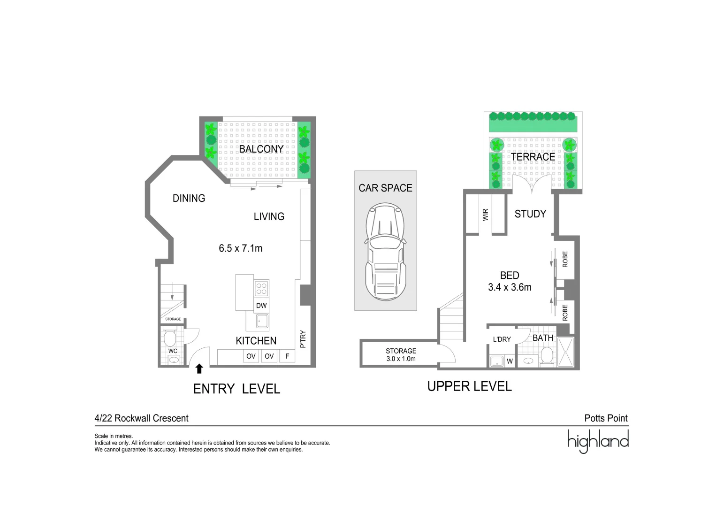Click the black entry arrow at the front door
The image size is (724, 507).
[199, 369]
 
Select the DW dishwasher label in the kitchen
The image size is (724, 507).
[261, 306]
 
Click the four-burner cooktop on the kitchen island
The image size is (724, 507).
[261, 288]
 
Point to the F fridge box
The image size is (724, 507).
[287, 356]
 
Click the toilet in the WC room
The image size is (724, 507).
[169, 337]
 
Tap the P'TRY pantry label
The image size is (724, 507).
[303, 339]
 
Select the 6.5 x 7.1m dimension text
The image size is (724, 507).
[240, 248]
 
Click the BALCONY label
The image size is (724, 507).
[261, 149]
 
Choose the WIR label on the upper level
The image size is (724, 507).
[486, 215]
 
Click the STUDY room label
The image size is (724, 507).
[530, 214]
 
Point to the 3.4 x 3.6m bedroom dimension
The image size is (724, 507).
[510, 287]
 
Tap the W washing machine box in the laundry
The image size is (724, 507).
[510, 361]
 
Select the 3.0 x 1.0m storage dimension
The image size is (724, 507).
[401, 359]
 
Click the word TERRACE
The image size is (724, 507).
[533, 157]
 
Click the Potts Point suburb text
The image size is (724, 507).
[606, 418]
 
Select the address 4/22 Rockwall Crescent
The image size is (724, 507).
[142, 418]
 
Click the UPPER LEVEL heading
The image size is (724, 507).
[469, 386]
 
